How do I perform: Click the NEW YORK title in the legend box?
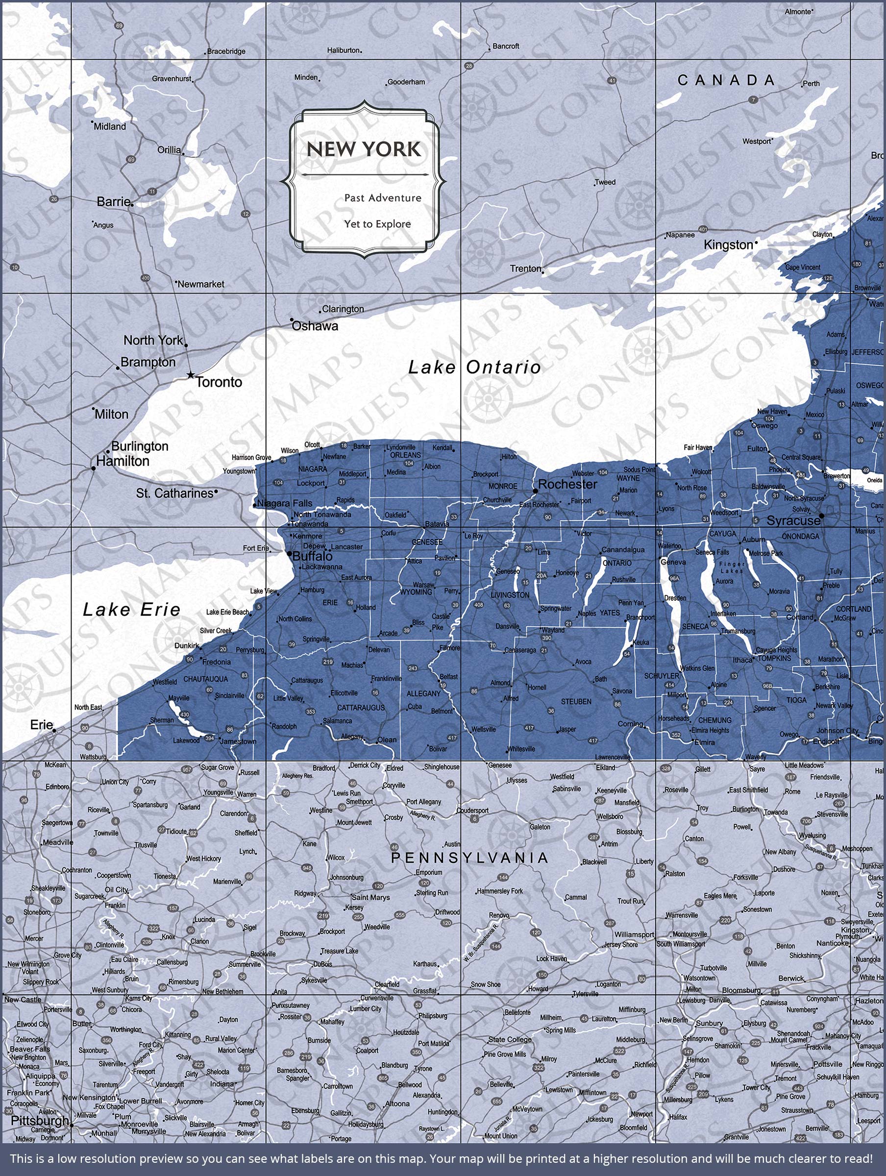[364, 149]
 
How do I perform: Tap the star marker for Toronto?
[191, 375]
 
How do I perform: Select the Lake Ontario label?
[474, 367]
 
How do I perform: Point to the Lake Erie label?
[131, 609]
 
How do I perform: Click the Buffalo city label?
[313, 556]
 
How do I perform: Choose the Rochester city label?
[567, 484]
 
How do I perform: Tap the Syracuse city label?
[793, 520]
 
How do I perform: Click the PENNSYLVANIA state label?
[469, 857]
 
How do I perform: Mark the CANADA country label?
[726, 80]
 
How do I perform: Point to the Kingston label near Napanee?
[728, 245]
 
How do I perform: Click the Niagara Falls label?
[285, 503]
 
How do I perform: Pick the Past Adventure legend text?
[382, 198]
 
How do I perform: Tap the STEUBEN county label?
[576, 702]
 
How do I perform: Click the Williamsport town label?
[634, 934]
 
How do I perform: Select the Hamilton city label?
[123, 461]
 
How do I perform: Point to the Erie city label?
[41, 725]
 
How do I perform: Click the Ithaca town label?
[742, 660]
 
